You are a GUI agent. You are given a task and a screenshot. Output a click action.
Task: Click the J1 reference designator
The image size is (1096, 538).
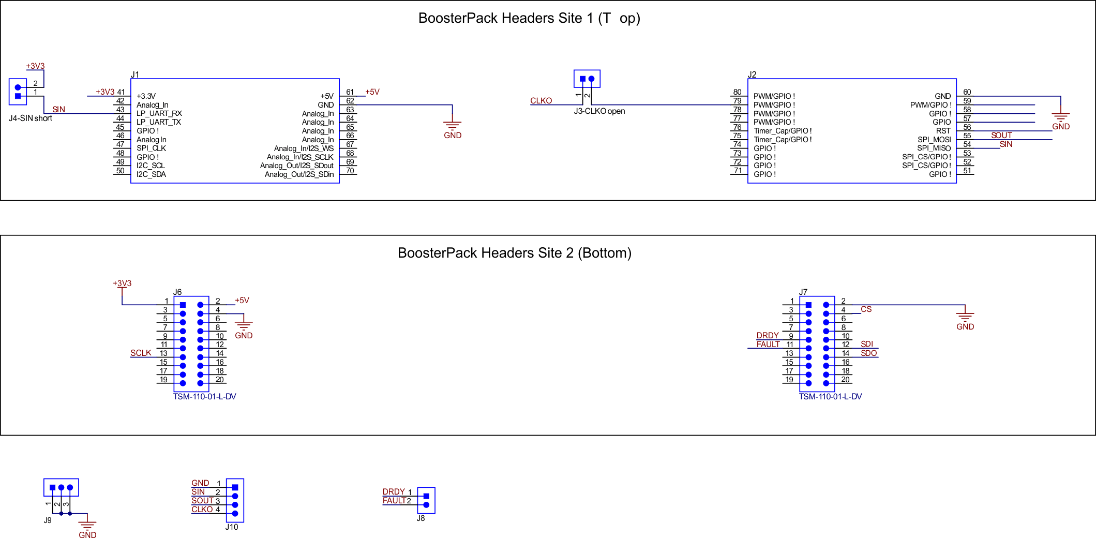point(135,75)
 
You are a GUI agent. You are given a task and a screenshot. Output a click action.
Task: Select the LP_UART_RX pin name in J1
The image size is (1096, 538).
point(159,113)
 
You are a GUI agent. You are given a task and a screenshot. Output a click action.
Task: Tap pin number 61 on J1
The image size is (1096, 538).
point(350,92)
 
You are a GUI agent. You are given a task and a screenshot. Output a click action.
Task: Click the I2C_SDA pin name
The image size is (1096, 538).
point(151,174)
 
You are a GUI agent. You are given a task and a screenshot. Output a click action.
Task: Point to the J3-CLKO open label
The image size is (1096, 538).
point(599,111)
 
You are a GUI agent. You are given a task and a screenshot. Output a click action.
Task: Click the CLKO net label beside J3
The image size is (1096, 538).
point(541,101)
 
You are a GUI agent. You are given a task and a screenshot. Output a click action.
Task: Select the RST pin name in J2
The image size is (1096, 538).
point(943,131)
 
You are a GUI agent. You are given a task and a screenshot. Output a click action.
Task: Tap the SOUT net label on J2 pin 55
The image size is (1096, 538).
point(1001,136)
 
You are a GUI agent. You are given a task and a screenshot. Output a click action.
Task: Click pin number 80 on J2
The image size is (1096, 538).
point(737,92)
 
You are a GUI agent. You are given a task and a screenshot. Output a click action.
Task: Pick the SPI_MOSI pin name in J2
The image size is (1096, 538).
point(934,140)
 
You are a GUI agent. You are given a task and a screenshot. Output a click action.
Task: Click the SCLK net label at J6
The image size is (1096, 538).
point(141,353)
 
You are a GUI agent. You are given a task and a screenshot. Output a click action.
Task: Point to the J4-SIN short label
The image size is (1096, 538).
point(31,118)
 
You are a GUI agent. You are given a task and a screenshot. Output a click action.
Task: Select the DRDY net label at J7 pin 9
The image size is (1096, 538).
point(768,336)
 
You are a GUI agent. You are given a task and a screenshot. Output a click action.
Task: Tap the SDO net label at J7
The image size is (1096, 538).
point(869,353)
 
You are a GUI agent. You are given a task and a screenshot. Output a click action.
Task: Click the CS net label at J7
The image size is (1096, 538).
point(866,309)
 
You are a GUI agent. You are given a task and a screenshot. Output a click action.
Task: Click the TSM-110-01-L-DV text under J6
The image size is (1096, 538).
point(205,397)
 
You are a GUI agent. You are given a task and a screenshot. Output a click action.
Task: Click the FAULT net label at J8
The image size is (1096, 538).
point(394,501)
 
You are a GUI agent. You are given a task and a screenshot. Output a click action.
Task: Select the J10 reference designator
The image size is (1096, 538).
point(232,527)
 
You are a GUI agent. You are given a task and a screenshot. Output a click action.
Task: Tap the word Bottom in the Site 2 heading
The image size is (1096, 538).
point(605,253)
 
